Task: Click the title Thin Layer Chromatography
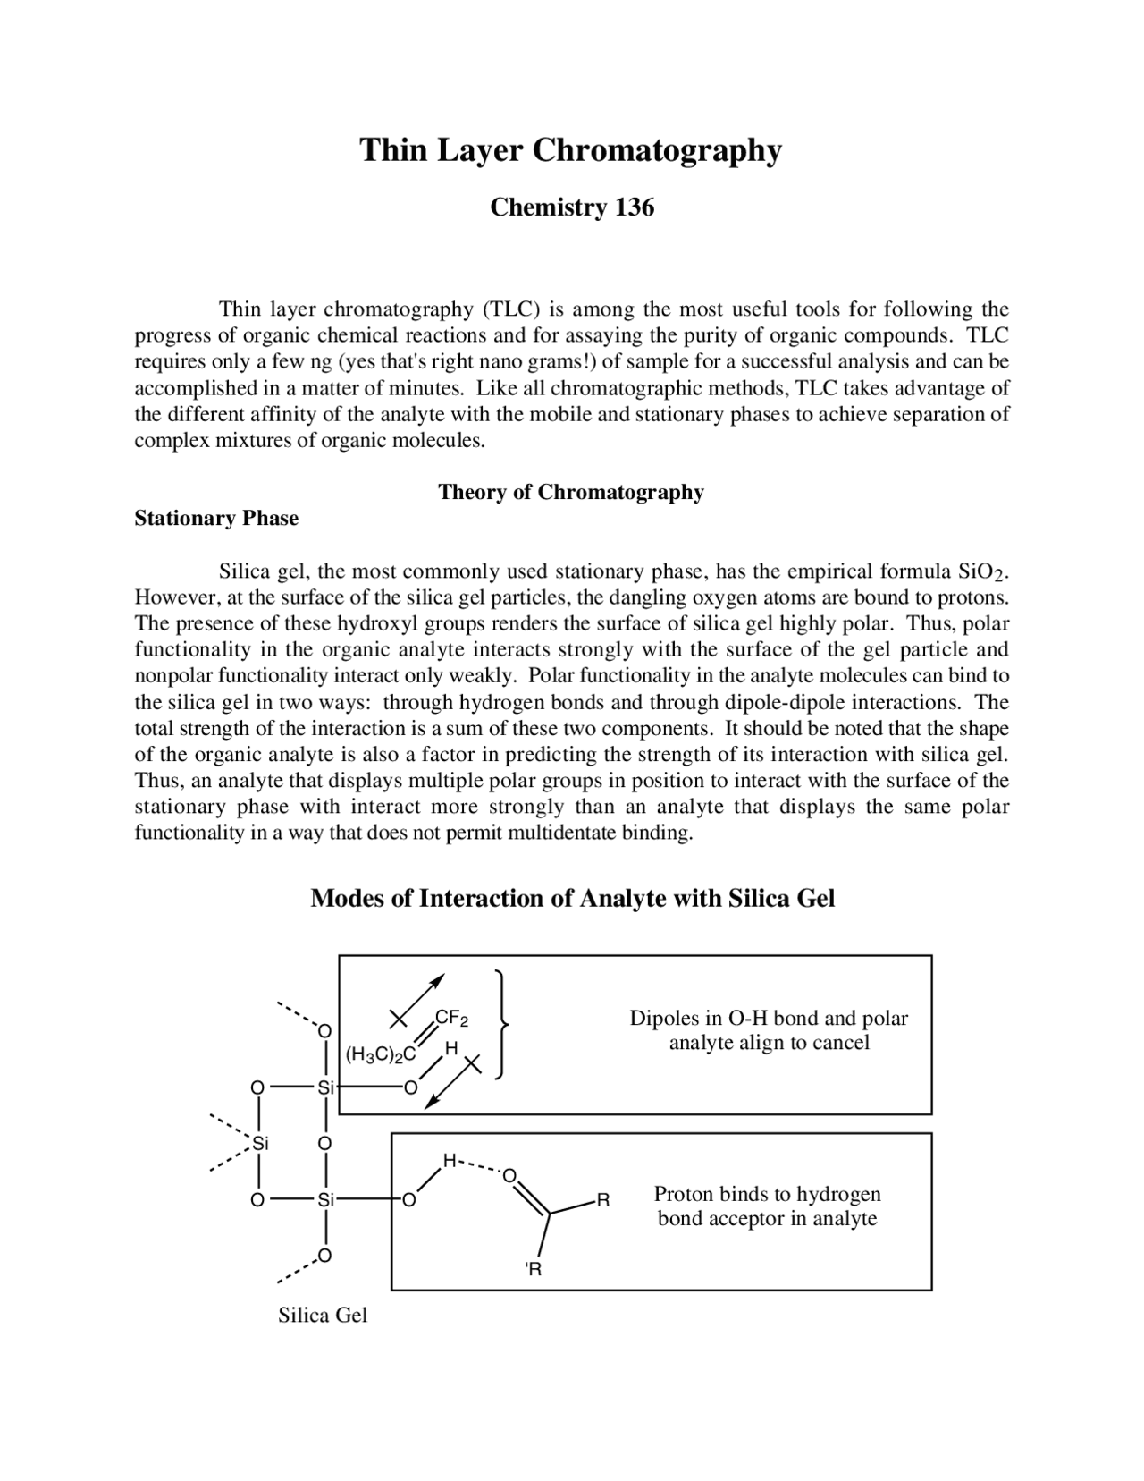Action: (570, 150)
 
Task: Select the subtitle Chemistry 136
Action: (572, 207)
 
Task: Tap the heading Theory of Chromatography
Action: (570, 492)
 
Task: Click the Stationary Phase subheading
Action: (216, 519)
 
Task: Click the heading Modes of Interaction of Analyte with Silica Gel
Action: (572, 898)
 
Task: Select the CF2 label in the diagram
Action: (451, 1019)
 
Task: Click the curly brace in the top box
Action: (503, 1024)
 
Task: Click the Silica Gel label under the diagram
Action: (323, 1315)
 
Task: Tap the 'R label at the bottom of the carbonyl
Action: (534, 1269)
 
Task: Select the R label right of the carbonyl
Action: (603, 1200)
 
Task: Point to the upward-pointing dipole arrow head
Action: (438, 977)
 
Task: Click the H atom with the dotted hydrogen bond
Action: (450, 1161)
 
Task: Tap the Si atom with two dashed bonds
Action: (260, 1143)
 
